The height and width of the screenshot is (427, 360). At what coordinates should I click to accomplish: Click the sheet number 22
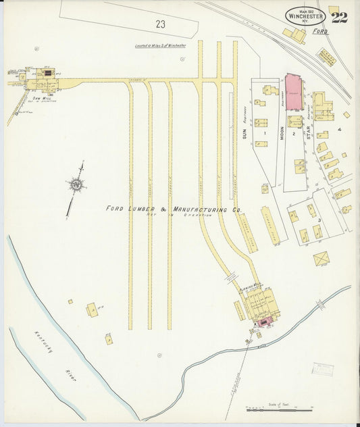pyautogui.click(x=339, y=17)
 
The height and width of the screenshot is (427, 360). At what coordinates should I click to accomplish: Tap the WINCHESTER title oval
pyautogui.click(x=305, y=16)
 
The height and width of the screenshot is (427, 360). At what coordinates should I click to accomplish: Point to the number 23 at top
pyautogui.click(x=160, y=24)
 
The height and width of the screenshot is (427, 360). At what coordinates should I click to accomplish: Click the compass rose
pyautogui.click(x=77, y=184)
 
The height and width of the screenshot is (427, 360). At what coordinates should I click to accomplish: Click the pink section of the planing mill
pyautogui.click(x=263, y=322)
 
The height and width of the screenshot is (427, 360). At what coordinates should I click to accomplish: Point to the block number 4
pyautogui.click(x=340, y=129)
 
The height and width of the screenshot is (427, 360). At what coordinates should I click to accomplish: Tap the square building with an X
pyautogui.click(x=322, y=258)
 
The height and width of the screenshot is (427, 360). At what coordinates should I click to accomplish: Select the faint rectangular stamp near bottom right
pyautogui.click(x=322, y=369)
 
